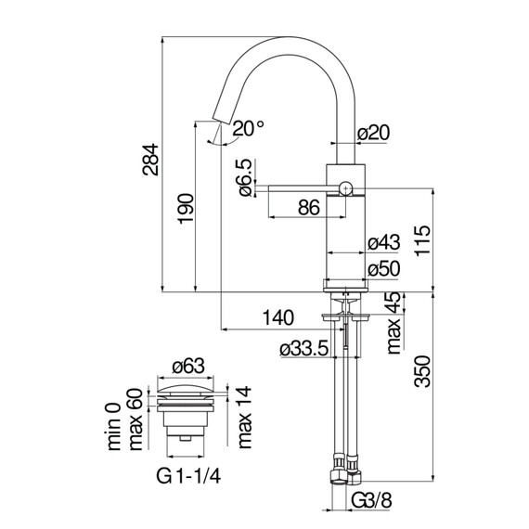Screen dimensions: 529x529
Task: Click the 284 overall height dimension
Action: pos(150,160)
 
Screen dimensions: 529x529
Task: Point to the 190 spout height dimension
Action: pos(186,208)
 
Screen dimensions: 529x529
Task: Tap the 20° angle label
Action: pos(249,129)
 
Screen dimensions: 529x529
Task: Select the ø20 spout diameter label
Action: pos(373,133)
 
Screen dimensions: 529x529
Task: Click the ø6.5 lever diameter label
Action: pos(246,177)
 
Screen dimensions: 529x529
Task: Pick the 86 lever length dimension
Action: pos(309,208)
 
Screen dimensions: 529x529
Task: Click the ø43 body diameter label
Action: pos(384,242)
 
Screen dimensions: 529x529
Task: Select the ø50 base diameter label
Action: pos(384,269)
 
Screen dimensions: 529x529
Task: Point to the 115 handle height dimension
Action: pos(422,240)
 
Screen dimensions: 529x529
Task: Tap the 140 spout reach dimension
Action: pos(278,317)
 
